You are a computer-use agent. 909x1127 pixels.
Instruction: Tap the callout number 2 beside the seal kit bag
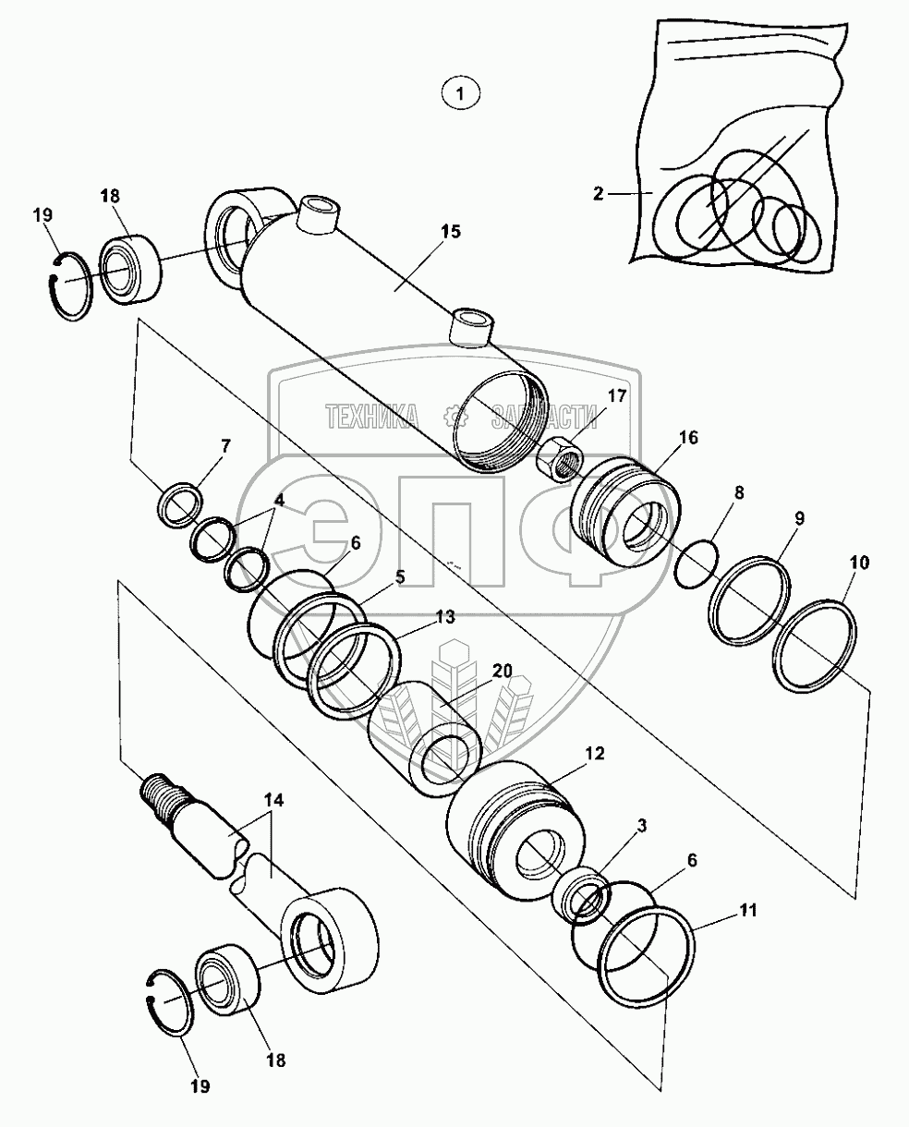[599, 193]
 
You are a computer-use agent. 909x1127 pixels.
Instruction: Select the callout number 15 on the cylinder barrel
[449, 231]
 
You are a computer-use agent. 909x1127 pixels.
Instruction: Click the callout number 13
[446, 617]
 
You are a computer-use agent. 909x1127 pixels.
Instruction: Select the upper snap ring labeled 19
[69, 288]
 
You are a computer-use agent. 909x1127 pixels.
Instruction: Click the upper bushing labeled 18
[131, 269]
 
